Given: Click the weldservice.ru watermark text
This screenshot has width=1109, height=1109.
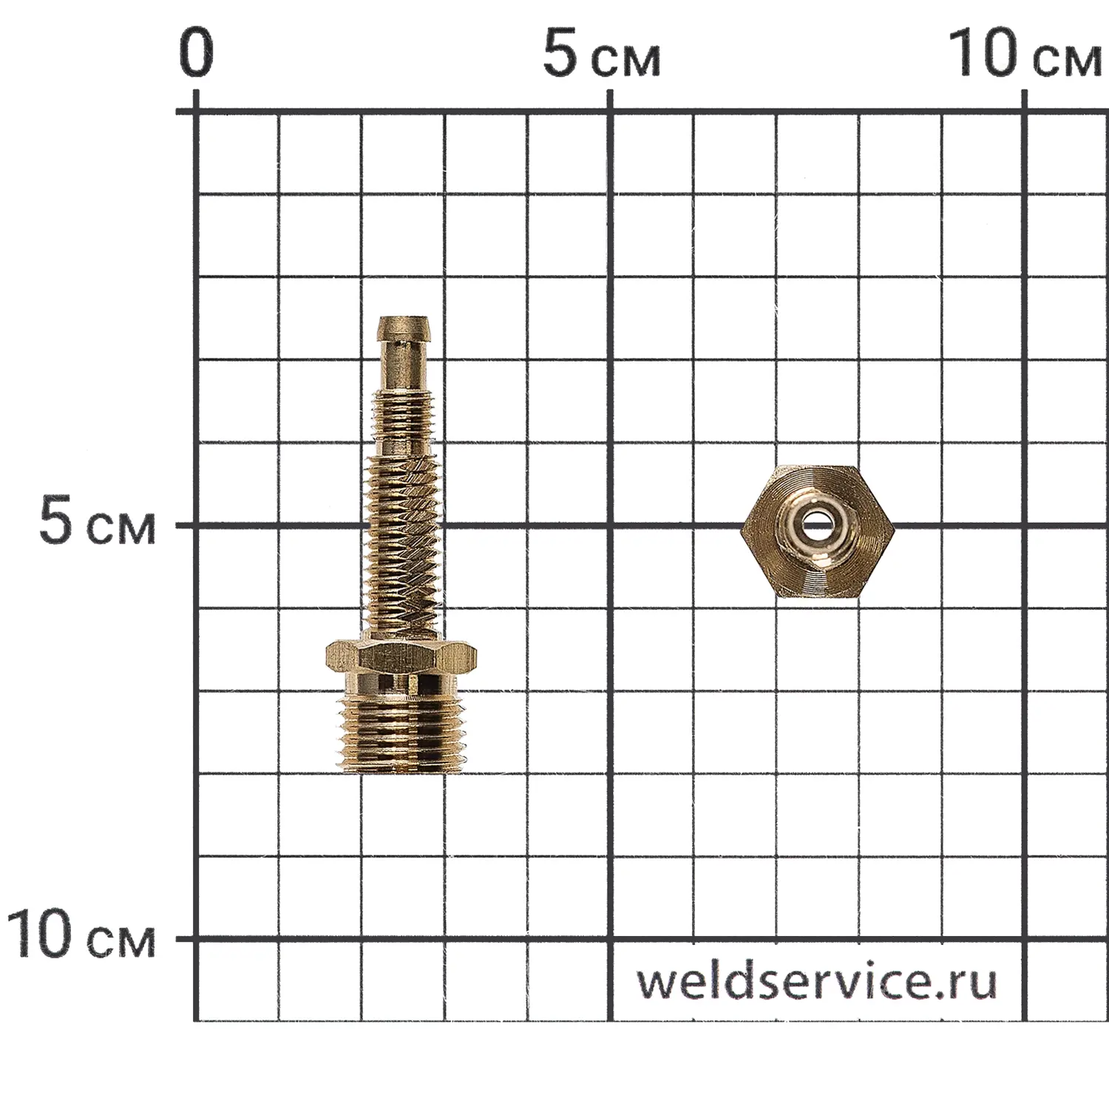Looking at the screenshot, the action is (817, 981).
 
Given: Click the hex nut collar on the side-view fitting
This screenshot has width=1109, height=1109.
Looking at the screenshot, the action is (401, 657).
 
